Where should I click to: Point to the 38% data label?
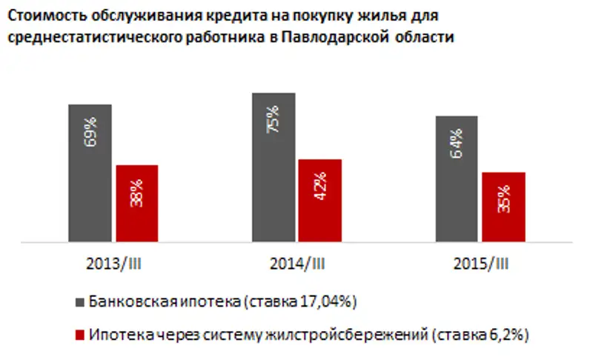137,193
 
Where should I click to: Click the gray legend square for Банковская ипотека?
80,302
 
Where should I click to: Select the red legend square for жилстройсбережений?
80,335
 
